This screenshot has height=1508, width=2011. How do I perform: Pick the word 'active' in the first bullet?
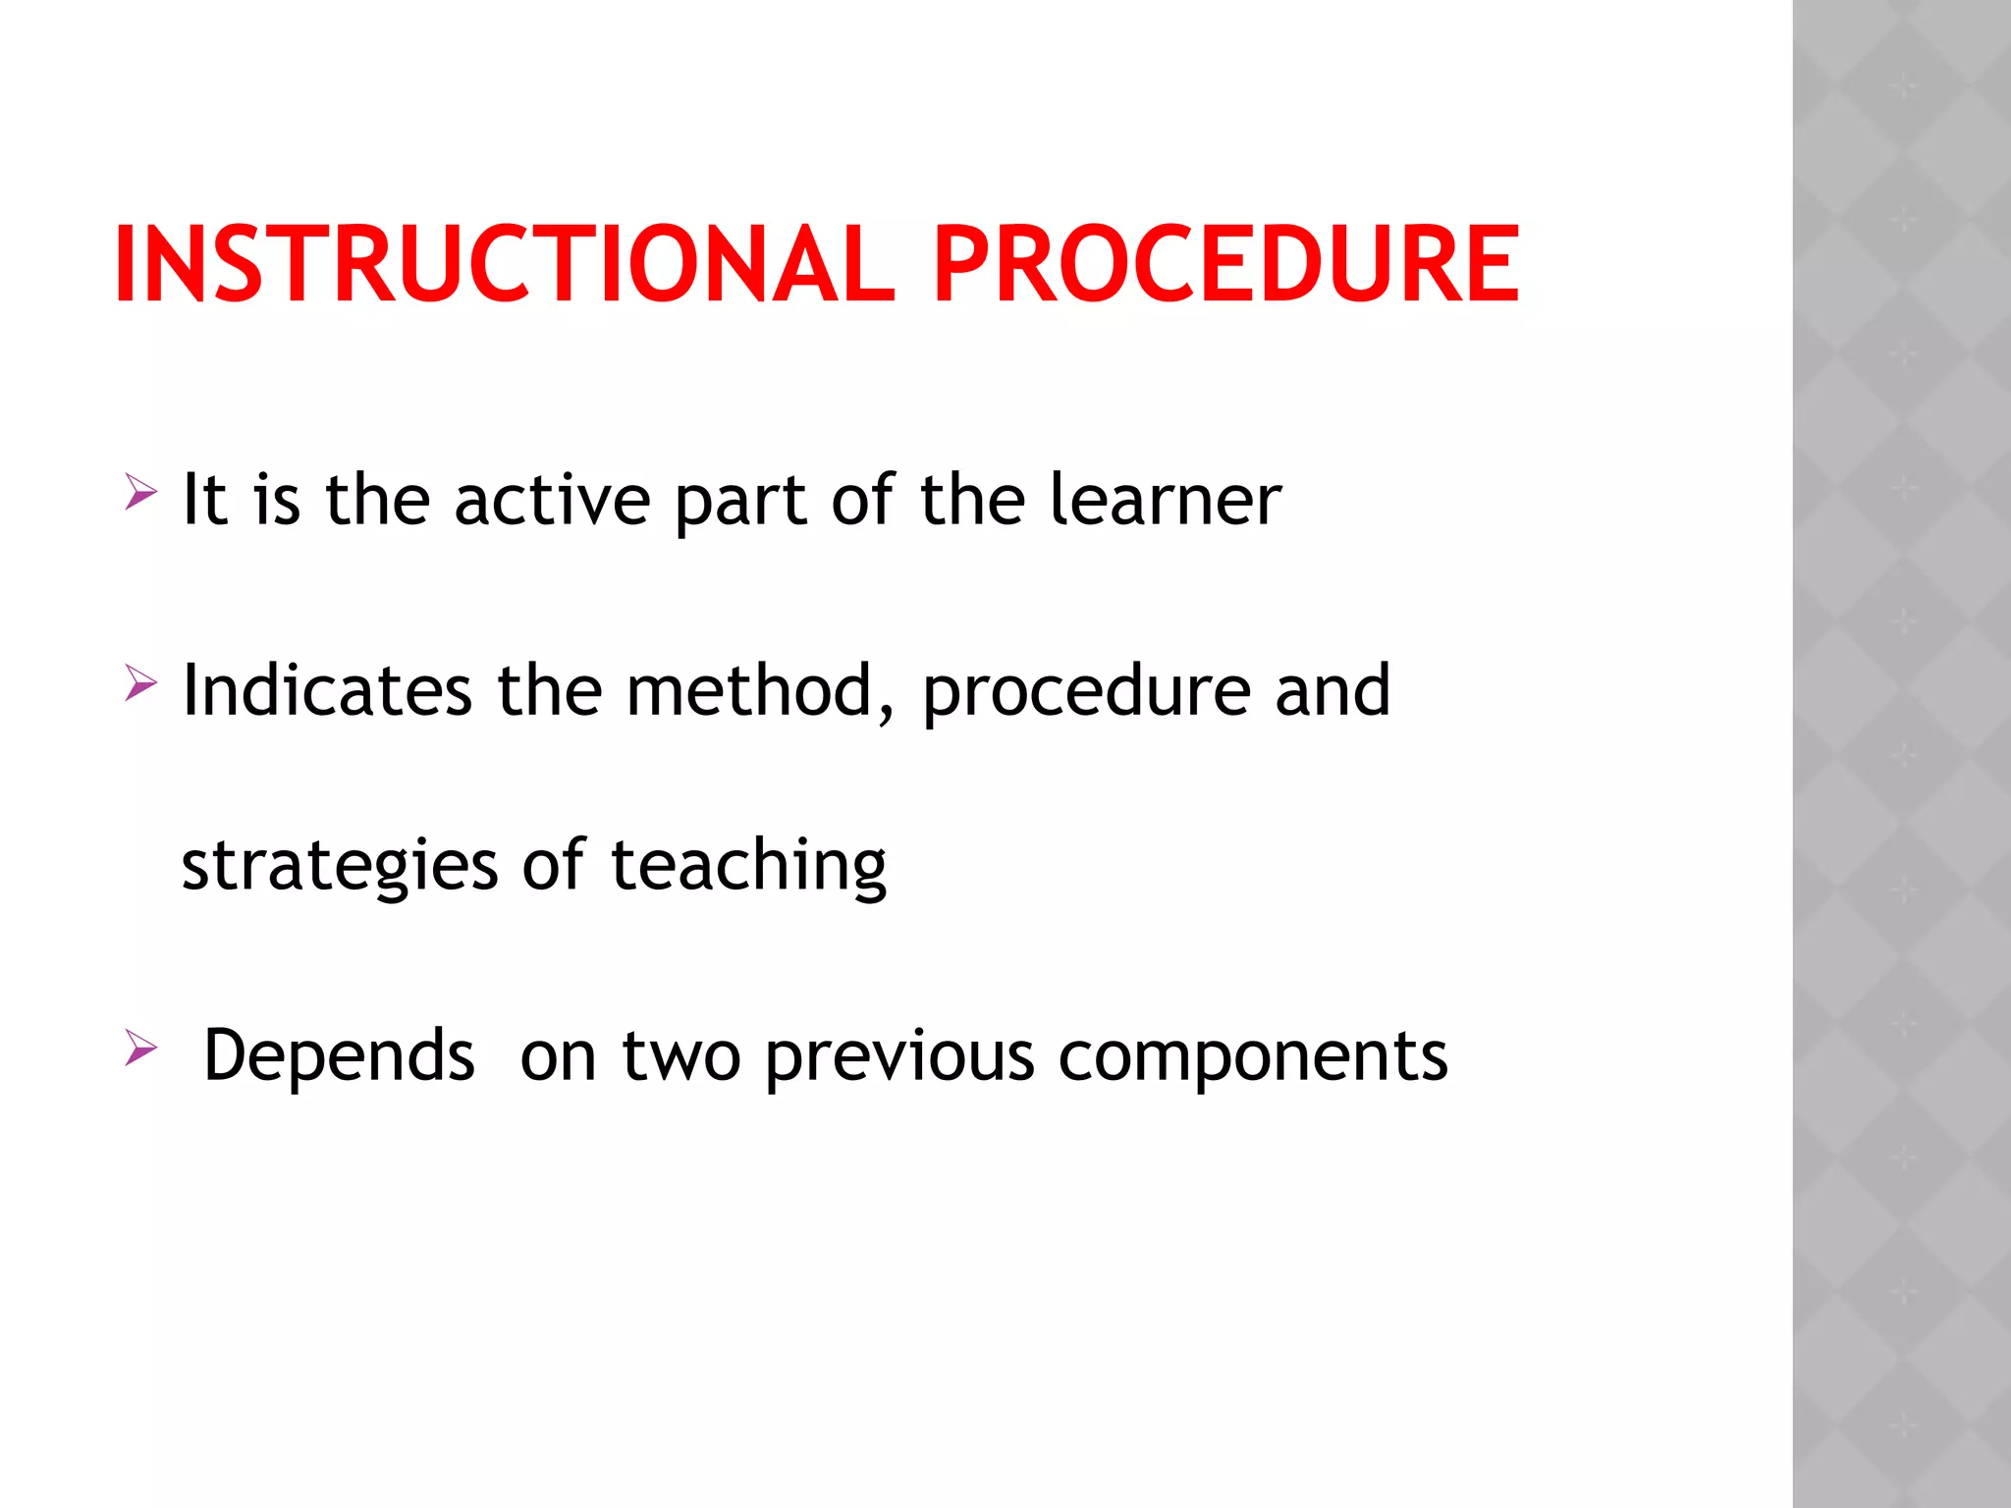(x=552, y=500)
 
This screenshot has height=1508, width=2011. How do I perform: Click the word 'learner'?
(x=1165, y=500)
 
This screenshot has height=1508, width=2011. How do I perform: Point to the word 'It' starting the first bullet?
(x=205, y=500)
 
